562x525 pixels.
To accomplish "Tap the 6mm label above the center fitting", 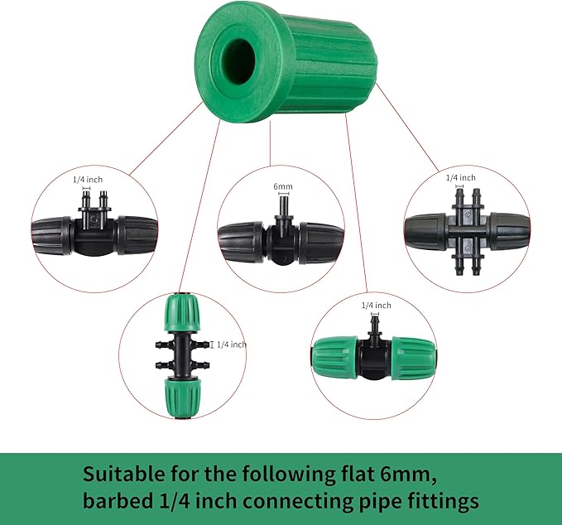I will (282, 187).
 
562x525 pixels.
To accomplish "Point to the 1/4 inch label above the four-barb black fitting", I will (460, 177).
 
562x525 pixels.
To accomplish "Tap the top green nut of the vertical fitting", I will (180, 314).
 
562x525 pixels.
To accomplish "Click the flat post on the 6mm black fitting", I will (282, 209).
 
